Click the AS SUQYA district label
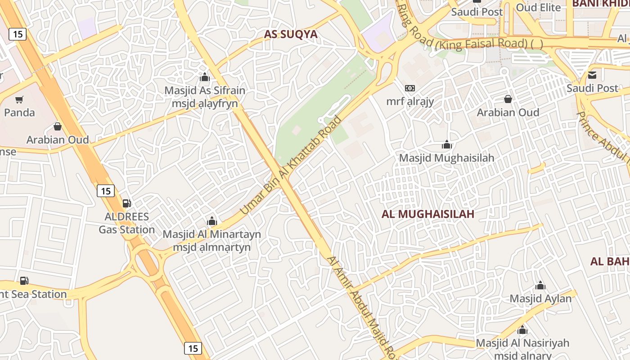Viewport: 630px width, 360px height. click(290, 34)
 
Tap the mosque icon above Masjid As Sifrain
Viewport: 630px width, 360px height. click(205, 77)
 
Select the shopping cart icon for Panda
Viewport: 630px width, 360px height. click(19, 99)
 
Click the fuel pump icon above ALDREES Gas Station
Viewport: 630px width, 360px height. click(127, 203)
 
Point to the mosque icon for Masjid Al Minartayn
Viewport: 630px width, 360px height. click(211, 221)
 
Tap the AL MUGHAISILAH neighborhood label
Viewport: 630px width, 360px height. click(427, 214)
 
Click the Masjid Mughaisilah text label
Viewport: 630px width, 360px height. click(446, 158)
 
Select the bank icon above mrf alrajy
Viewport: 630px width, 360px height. click(409, 88)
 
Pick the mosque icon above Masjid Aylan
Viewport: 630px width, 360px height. click(540, 285)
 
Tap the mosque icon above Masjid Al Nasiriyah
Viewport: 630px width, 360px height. click(522, 330)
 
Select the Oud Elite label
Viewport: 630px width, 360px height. click(538, 8)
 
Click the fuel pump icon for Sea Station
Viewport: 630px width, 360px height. click(24, 281)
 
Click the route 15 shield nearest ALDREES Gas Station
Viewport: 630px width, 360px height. click(105, 191)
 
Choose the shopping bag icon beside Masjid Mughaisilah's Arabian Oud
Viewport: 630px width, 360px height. click(508, 99)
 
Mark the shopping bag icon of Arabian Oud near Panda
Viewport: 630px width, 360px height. click(57, 126)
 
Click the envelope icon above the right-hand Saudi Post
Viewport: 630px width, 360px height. click(592, 75)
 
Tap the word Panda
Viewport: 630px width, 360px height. click(19, 112)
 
